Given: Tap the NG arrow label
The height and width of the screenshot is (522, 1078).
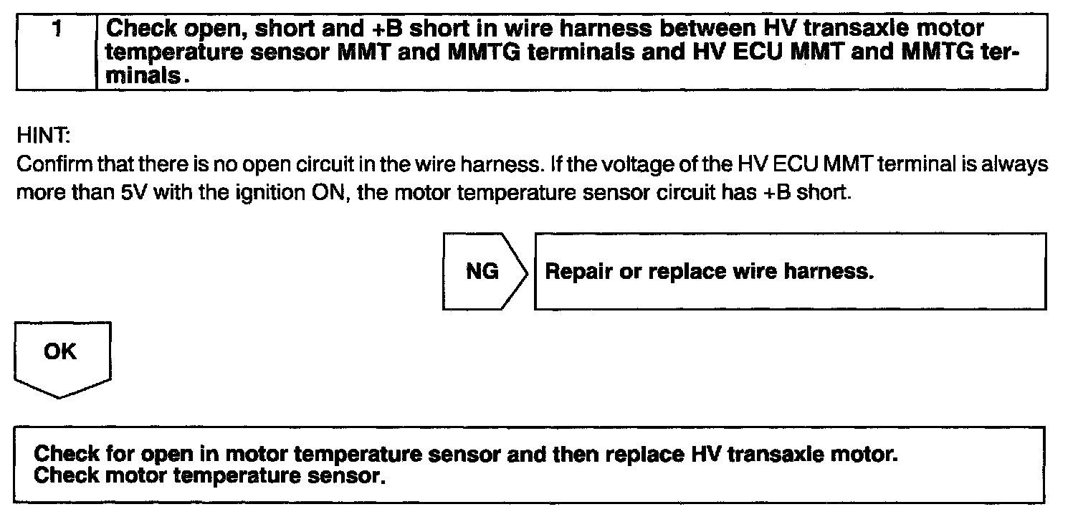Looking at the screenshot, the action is [482, 272].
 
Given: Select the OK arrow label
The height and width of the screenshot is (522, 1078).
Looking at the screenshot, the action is [61, 353].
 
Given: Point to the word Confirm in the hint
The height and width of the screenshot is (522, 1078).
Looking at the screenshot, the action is [44, 166].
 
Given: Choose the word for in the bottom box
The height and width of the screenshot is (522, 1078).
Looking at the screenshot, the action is [123, 455].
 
